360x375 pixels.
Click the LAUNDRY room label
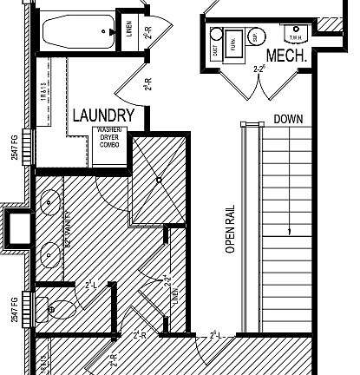pyautogui.click(x=103, y=115)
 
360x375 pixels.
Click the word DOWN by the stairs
pyautogui.click(x=289, y=119)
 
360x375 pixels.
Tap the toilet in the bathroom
pyautogui.click(x=57, y=307)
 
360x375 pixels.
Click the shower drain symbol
pyautogui.click(x=158, y=180)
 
